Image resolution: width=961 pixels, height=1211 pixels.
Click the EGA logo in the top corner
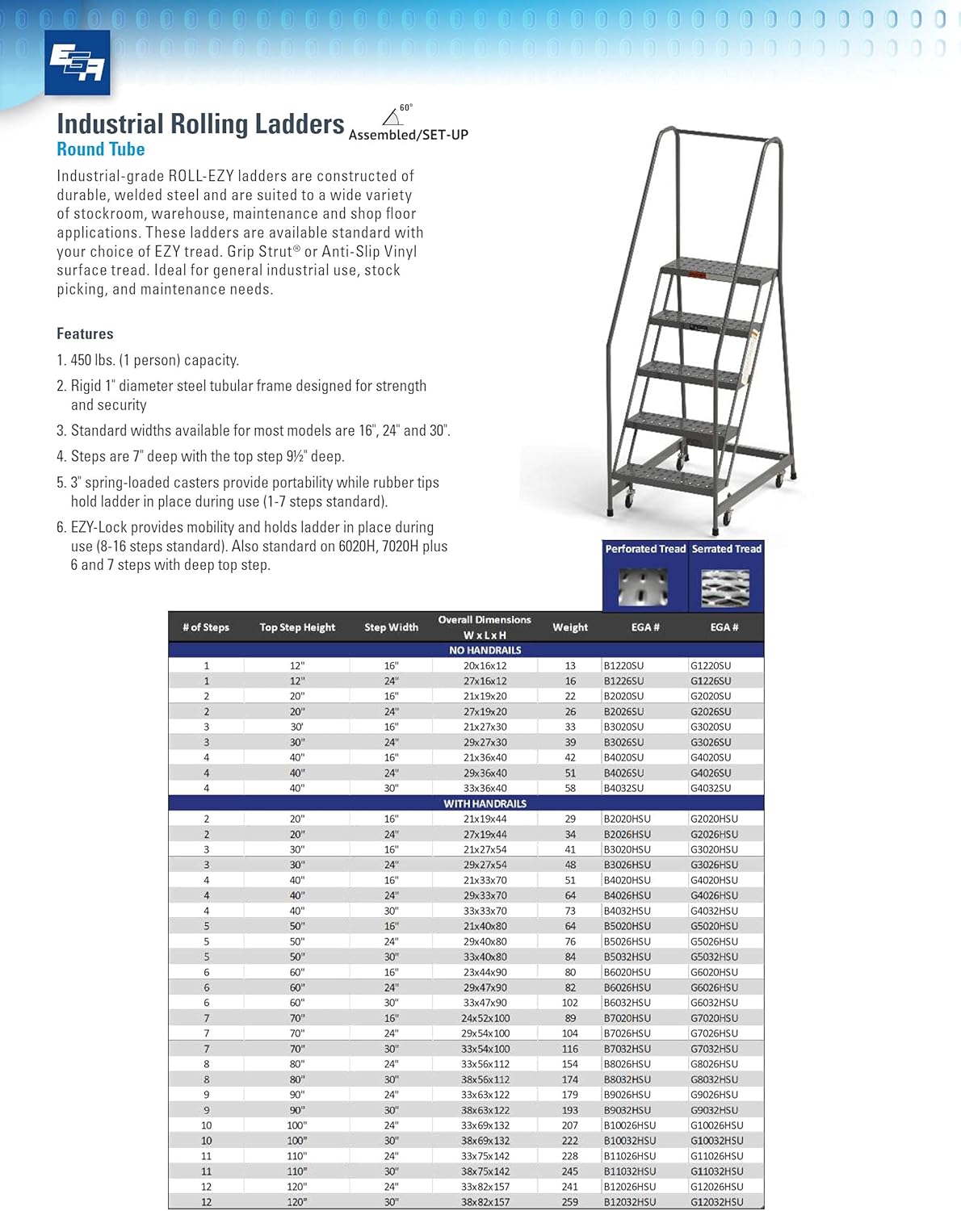(77, 62)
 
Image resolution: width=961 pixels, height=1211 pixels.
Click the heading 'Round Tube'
(100, 149)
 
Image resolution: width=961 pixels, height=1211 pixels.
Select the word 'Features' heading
(85, 333)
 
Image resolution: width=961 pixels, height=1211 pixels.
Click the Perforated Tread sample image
(643, 586)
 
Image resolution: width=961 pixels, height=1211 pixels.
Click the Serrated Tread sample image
(725, 586)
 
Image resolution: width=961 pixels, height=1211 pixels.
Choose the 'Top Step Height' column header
(297, 627)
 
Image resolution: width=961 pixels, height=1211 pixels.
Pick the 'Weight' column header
(569, 627)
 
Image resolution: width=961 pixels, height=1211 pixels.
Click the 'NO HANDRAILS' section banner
(485, 650)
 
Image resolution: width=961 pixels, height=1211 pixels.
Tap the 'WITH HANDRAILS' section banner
(485, 803)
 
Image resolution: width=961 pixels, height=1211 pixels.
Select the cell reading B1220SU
(623, 666)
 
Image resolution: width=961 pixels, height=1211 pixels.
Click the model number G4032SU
(711, 788)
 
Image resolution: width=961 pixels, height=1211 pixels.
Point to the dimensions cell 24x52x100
(485, 1018)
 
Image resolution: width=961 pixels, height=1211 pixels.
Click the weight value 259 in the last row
(569, 1202)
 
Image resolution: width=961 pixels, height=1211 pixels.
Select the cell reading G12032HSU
(716, 1202)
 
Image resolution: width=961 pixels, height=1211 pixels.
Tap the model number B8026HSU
(627, 1064)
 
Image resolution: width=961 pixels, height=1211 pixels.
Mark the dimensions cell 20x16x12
(485, 666)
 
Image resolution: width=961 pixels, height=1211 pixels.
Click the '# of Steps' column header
(206, 627)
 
